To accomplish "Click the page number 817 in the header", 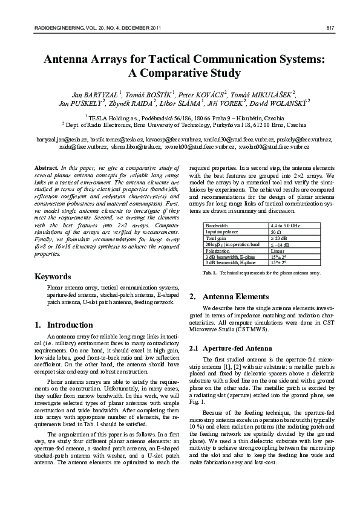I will pos(331,28).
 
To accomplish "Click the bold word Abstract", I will pos(46,166).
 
